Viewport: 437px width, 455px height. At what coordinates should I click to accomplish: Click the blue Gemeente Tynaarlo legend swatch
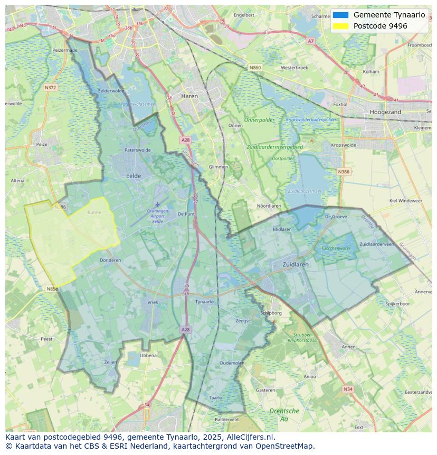click(341, 15)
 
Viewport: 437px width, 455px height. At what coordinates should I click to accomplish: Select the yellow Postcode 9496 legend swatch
click(341, 26)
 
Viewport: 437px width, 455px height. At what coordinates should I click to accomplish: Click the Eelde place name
click(133, 175)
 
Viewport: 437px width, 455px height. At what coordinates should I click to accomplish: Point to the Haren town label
click(189, 97)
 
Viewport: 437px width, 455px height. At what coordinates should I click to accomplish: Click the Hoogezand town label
click(386, 112)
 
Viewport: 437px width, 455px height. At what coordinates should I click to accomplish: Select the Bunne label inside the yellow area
click(94, 212)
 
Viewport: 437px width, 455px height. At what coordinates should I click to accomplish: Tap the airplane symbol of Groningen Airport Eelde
click(157, 204)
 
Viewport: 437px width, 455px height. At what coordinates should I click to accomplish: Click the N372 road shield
click(51, 88)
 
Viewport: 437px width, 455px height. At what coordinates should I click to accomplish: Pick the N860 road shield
click(255, 68)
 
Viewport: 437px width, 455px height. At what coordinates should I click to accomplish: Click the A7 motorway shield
click(310, 41)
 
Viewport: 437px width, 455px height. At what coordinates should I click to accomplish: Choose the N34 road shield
click(347, 389)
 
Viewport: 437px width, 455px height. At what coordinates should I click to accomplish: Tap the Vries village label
click(153, 302)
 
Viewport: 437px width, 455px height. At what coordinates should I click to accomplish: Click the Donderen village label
click(110, 260)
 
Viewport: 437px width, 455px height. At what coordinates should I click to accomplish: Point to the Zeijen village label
click(110, 362)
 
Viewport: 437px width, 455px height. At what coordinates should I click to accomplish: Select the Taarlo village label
click(215, 397)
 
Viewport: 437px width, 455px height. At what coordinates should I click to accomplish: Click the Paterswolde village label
click(137, 150)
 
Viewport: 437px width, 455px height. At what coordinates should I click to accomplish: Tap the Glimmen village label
click(218, 167)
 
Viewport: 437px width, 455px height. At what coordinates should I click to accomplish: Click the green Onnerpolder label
click(260, 120)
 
